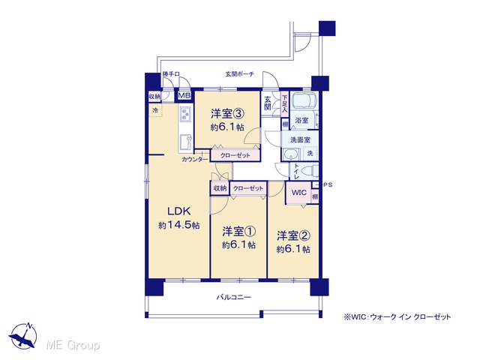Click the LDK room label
(179, 211)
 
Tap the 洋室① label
(238, 232)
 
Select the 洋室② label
(294, 236)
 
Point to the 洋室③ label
(227, 114)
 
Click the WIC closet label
(298, 193)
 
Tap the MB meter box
(184, 95)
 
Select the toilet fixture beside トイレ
(310, 172)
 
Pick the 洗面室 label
(300, 140)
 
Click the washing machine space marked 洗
(310, 153)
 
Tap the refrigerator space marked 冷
(155, 110)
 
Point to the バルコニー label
(234, 297)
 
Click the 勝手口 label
(171, 74)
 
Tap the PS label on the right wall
(328, 185)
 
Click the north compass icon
(23, 335)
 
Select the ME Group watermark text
(73, 346)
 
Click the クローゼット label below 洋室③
(235, 155)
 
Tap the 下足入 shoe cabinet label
(285, 103)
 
